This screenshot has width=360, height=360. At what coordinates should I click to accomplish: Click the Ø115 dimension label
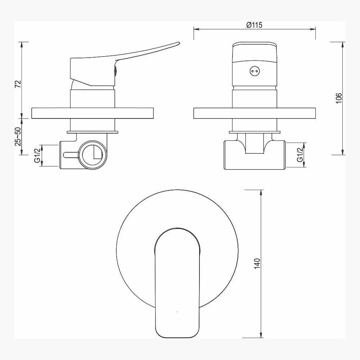click(x=255, y=25)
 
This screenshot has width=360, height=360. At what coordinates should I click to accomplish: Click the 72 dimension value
click(x=18, y=84)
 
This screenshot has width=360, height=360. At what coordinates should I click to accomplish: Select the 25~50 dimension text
click(x=18, y=136)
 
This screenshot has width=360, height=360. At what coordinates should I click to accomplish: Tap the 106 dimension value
click(x=339, y=98)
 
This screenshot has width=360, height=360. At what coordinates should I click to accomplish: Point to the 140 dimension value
click(x=257, y=264)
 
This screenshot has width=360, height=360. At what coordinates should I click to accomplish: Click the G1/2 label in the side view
click(x=37, y=156)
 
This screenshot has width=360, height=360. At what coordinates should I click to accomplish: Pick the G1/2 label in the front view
click(x=300, y=155)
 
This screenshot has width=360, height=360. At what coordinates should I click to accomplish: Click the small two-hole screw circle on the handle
click(x=254, y=71)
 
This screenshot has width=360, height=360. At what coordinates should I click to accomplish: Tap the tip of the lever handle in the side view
click(x=179, y=43)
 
